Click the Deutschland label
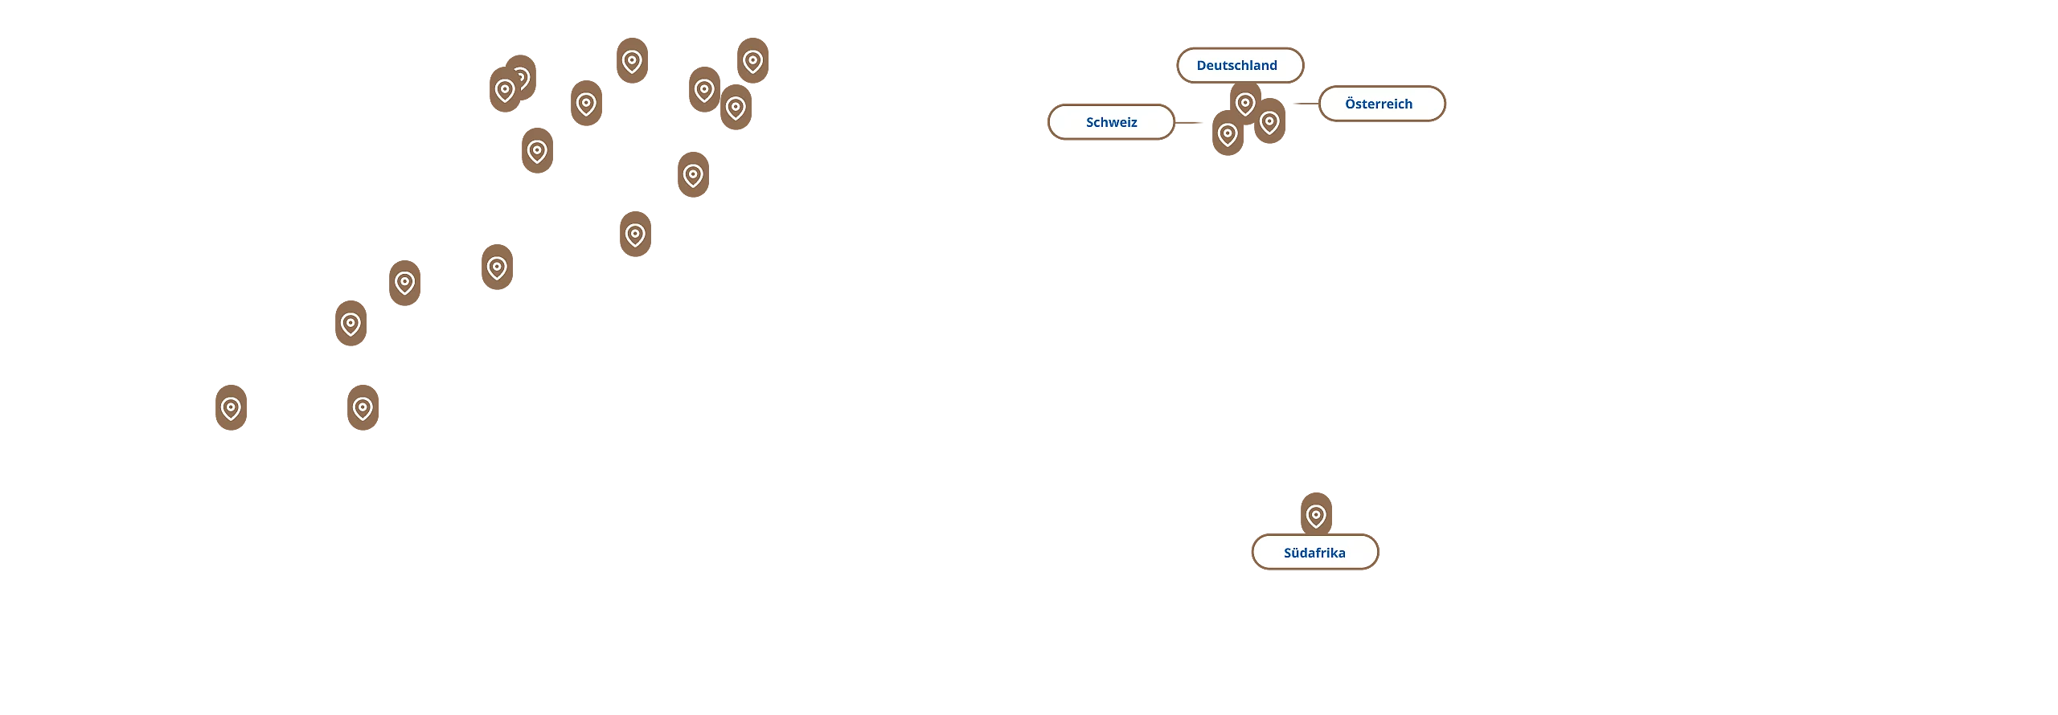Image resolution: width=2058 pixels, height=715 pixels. [x=1240, y=65]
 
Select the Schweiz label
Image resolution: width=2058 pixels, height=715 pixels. [x=1111, y=122]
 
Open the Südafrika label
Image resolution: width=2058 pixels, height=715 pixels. [x=1314, y=553]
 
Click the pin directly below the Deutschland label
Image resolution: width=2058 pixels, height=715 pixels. [x=1245, y=103]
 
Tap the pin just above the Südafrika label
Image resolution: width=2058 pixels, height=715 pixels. [x=1316, y=515]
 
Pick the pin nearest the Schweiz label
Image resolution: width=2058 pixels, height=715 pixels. [x=1228, y=134]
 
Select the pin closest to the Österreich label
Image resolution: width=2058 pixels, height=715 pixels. [x=1269, y=122]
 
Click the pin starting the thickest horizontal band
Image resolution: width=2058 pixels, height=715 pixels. [x=351, y=324]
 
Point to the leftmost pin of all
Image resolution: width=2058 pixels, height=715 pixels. [x=231, y=408]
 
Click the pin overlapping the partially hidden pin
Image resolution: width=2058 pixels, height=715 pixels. [x=505, y=90]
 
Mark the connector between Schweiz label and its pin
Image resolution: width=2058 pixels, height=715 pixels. [x=1191, y=122]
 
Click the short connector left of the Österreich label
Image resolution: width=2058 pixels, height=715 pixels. [x=1304, y=105]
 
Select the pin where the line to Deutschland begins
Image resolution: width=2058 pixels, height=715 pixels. [x=752, y=61]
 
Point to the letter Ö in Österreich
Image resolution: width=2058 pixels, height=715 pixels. [x=1351, y=104]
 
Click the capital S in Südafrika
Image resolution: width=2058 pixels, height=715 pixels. [x=1289, y=553]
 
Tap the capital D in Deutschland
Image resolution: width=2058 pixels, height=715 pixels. [x=1202, y=65]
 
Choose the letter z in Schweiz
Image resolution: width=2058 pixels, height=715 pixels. [x=1134, y=122]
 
